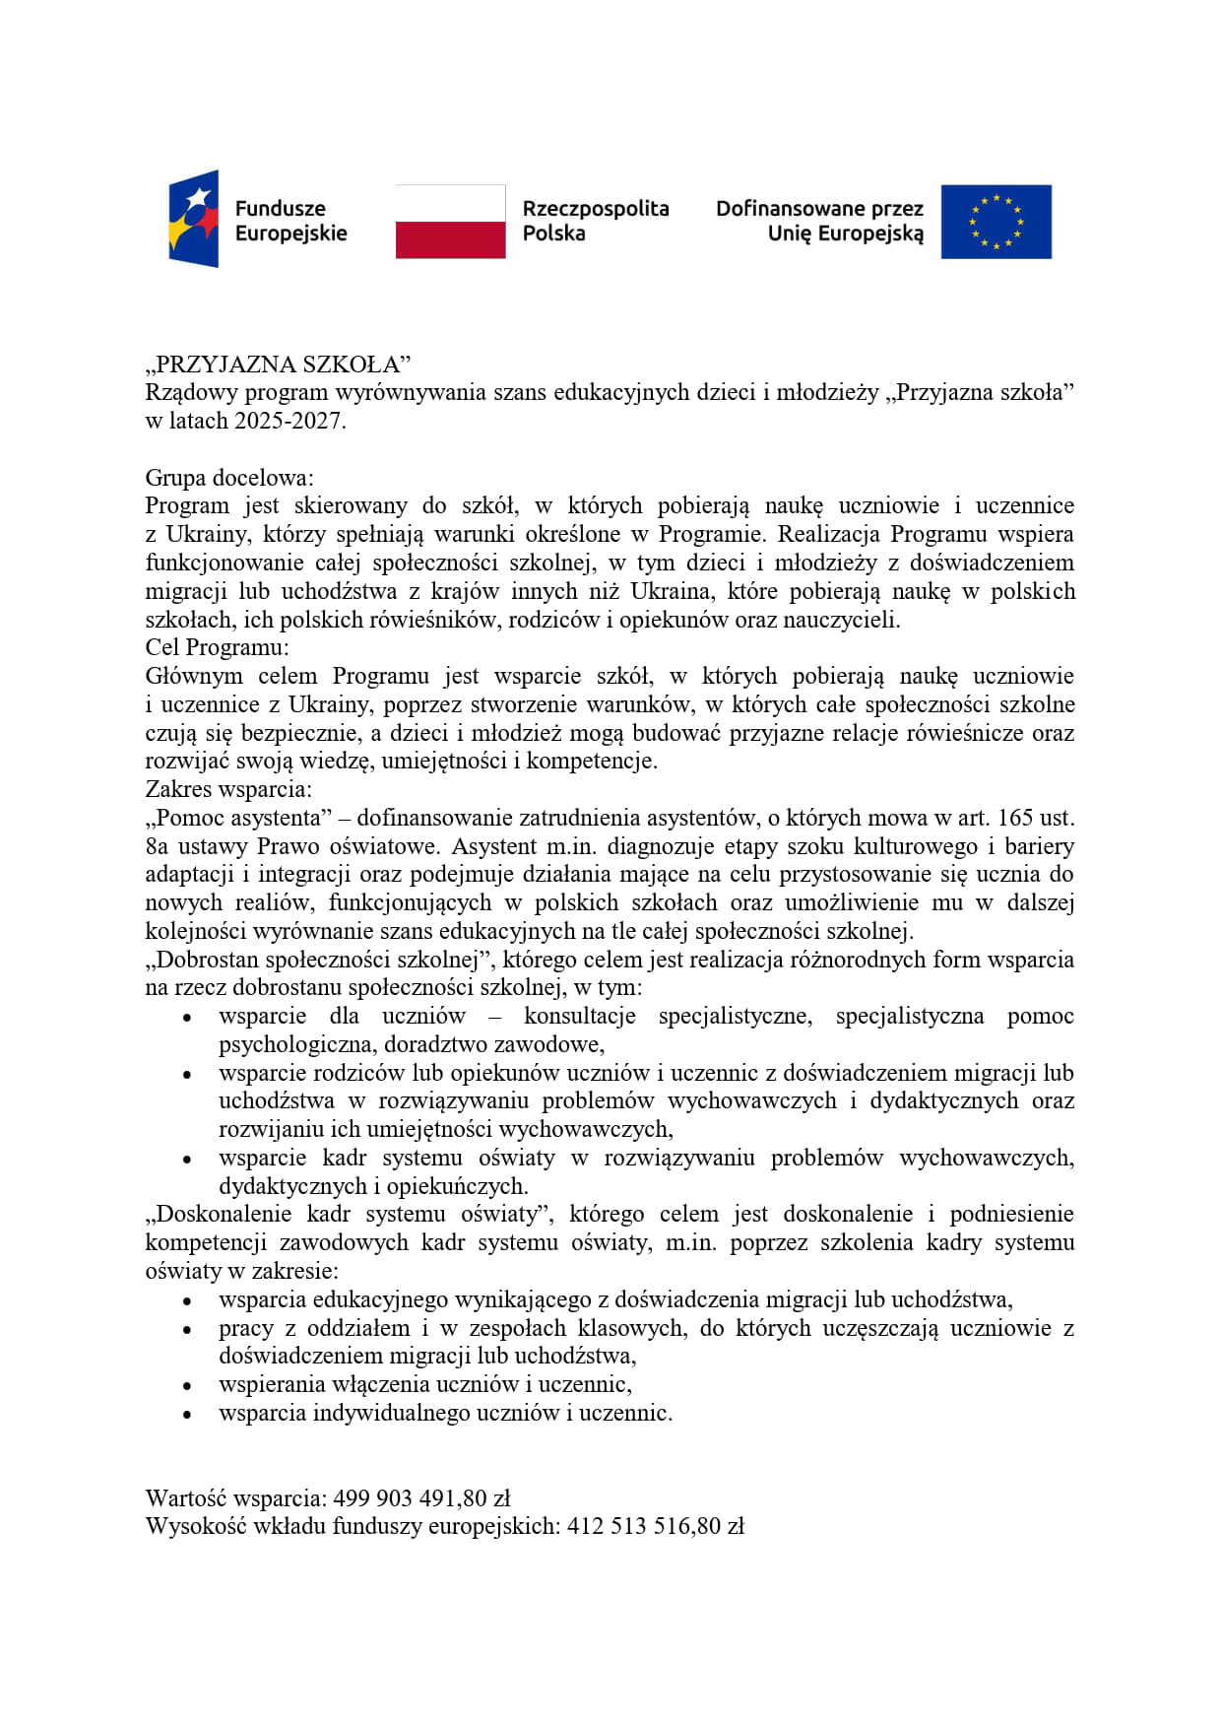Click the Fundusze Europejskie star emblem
194,219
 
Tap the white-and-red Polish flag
450,222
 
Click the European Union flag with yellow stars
996,222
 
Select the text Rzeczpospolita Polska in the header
595,221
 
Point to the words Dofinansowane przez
819,209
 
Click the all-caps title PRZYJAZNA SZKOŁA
278,365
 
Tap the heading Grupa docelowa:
229,478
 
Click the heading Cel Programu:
218,647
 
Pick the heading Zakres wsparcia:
228,789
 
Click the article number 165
1015,818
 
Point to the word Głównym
194,676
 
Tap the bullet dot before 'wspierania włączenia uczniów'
186,1386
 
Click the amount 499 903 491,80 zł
421,1498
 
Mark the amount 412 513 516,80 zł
655,1527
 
